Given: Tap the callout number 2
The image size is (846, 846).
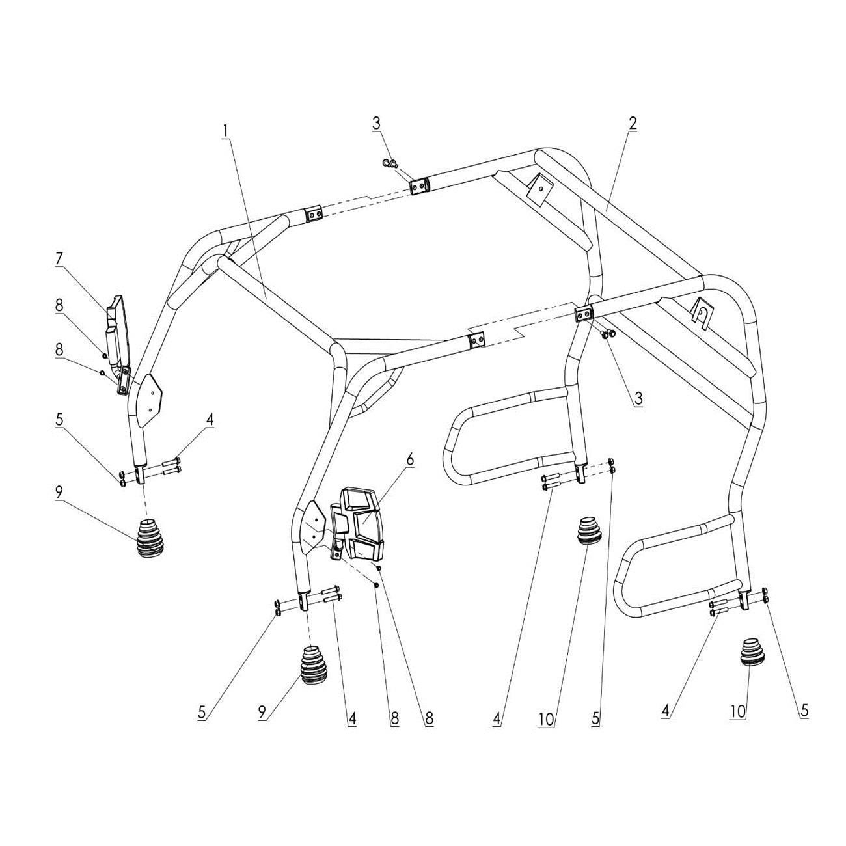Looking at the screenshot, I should (633, 123).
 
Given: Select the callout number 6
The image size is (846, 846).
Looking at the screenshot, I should (410, 459).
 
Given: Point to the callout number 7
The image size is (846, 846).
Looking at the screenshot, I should (59, 258).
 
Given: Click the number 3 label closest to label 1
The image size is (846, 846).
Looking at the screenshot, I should (376, 122).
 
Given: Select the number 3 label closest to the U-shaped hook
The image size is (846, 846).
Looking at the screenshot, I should (638, 399).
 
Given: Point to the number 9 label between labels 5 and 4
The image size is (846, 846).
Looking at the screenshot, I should (263, 713).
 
